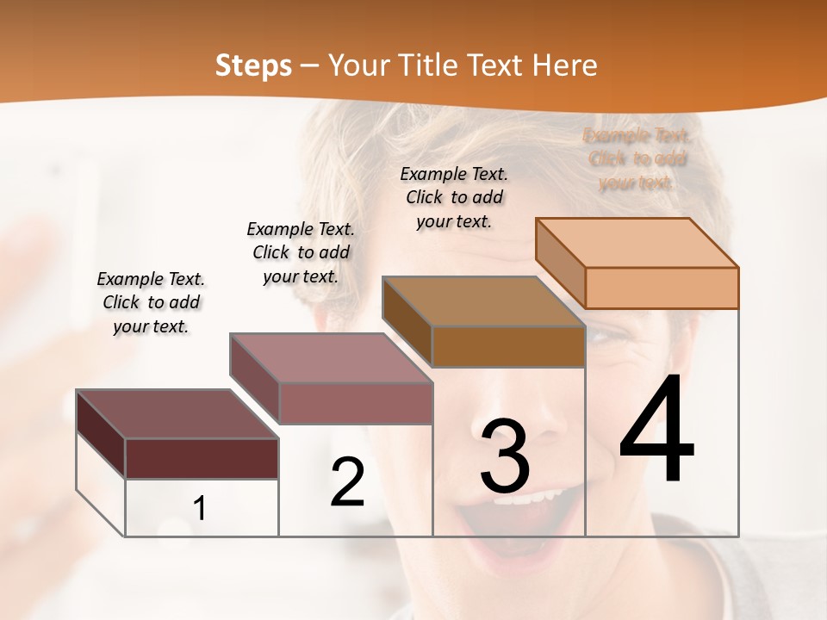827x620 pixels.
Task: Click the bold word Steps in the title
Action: pyautogui.click(x=253, y=65)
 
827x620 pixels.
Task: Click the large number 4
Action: pyautogui.click(x=656, y=431)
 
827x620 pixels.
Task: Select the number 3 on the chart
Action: pyautogui.click(x=505, y=456)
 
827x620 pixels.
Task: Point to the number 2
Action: pyautogui.click(x=347, y=482)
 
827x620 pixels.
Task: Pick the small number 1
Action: pyautogui.click(x=200, y=509)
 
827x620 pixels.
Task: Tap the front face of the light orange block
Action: pyautogui.click(x=662, y=288)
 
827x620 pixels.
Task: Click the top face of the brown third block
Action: pyautogui.click(x=482, y=301)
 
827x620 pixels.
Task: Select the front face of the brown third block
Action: pyautogui.click(x=508, y=346)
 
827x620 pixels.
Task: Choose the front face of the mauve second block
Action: pyautogui.click(x=356, y=403)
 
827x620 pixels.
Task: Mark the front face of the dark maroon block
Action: pyautogui.click(x=202, y=458)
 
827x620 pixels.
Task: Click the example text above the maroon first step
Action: pyautogui.click(x=151, y=302)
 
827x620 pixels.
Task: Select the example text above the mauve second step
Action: pyautogui.click(x=301, y=252)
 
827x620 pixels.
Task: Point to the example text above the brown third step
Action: pyautogui.click(x=454, y=197)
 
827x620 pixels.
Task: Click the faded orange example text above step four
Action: pyautogui.click(x=637, y=158)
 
